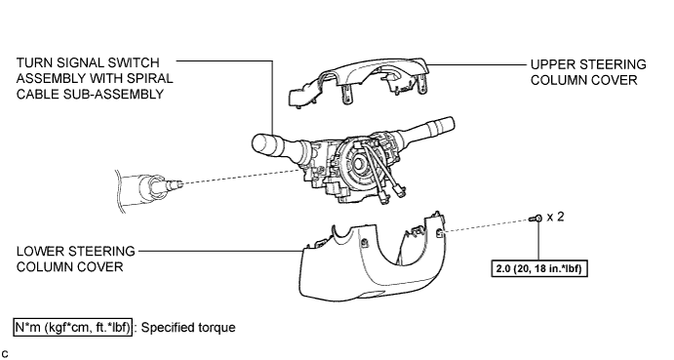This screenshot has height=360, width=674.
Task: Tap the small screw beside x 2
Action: (x=536, y=219)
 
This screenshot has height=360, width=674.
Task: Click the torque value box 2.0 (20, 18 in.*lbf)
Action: (x=539, y=268)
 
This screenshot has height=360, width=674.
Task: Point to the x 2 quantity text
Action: (x=555, y=217)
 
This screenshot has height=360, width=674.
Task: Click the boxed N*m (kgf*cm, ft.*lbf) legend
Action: (x=72, y=327)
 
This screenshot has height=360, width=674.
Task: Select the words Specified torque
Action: (x=188, y=327)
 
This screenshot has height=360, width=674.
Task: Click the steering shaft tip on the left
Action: (x=177, y=184)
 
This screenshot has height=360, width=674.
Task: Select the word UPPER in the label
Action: (x=551, y=64)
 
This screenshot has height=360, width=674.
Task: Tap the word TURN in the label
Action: (x=32, y=62)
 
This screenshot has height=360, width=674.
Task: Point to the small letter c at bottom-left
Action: (x=4, y=354)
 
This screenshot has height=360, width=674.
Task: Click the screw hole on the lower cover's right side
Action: (x=440, y=233)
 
